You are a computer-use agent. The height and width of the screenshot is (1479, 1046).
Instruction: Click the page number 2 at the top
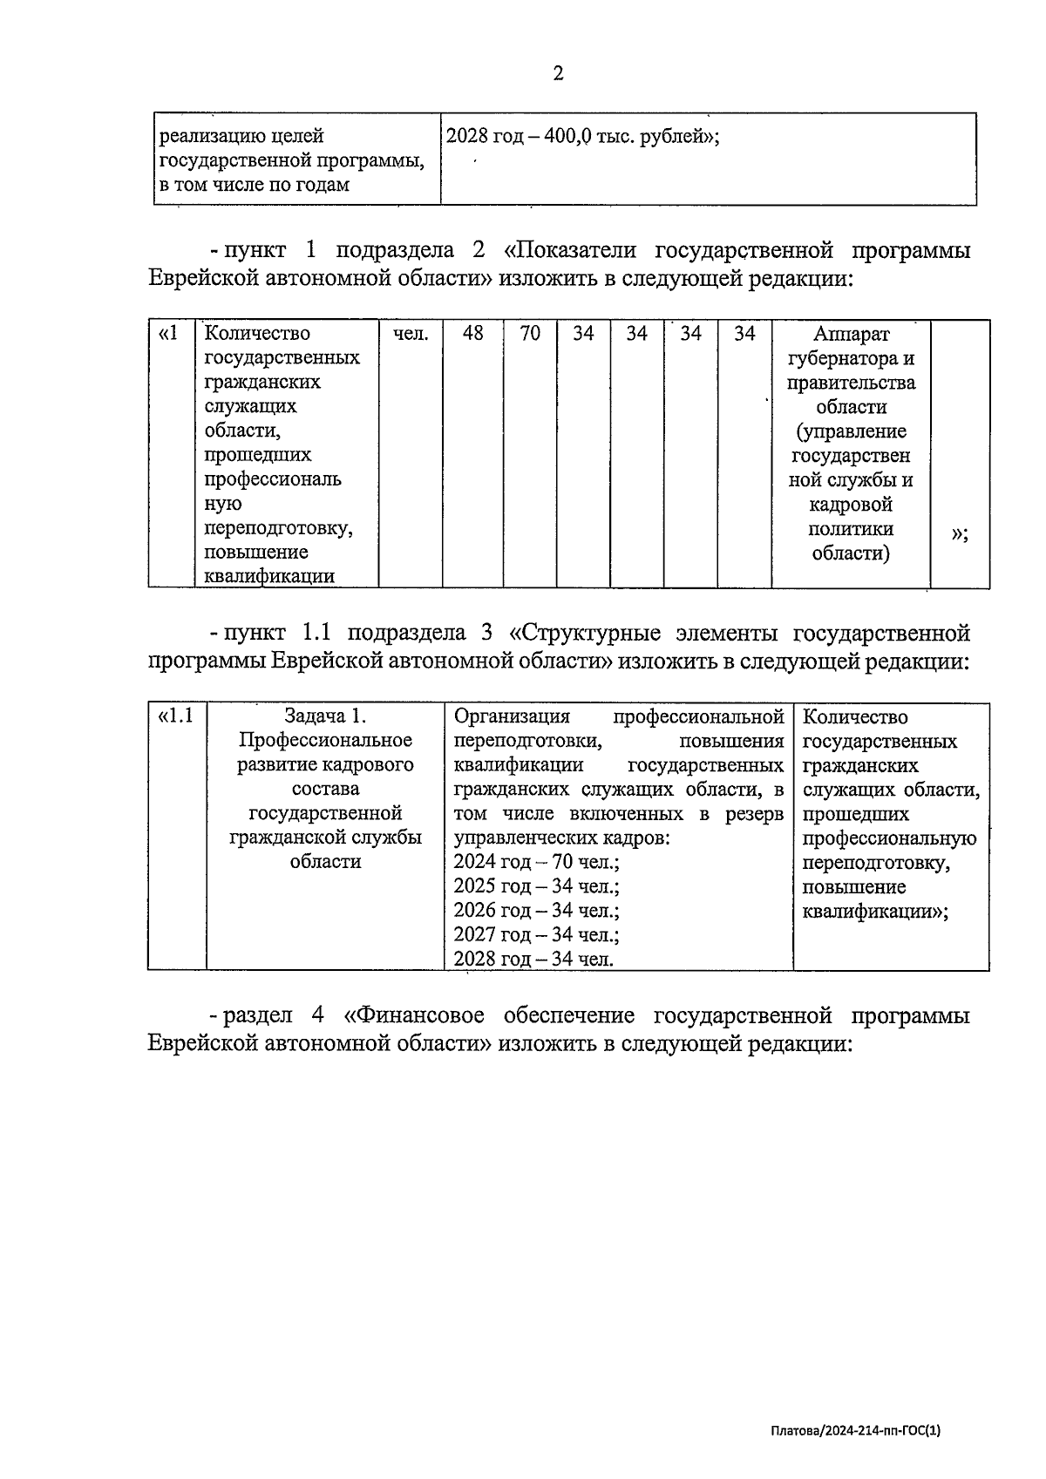[x=558, y=74]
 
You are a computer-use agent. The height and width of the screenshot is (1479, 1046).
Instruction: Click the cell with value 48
[x=472, y=334]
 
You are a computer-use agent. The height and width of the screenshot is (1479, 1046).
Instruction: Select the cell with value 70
[x=530, y=334]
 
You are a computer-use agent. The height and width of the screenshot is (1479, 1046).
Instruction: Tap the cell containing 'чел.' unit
[x=411, y=334]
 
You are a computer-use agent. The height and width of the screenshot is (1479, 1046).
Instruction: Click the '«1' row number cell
[x=170, y=334]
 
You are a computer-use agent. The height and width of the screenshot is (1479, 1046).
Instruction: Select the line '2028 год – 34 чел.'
[x=533, y=960]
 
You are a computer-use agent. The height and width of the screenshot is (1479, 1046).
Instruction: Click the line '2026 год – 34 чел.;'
[x=536, y=912]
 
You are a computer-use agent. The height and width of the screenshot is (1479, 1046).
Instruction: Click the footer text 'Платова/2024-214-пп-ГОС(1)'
[x=855, y=1431]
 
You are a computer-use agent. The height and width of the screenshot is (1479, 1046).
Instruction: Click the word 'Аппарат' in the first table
[x=851, y=334]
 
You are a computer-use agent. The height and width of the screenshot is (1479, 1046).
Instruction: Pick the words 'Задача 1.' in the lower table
[x=325, y=717]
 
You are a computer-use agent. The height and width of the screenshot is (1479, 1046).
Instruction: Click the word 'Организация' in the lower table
[x=512, y=717]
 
